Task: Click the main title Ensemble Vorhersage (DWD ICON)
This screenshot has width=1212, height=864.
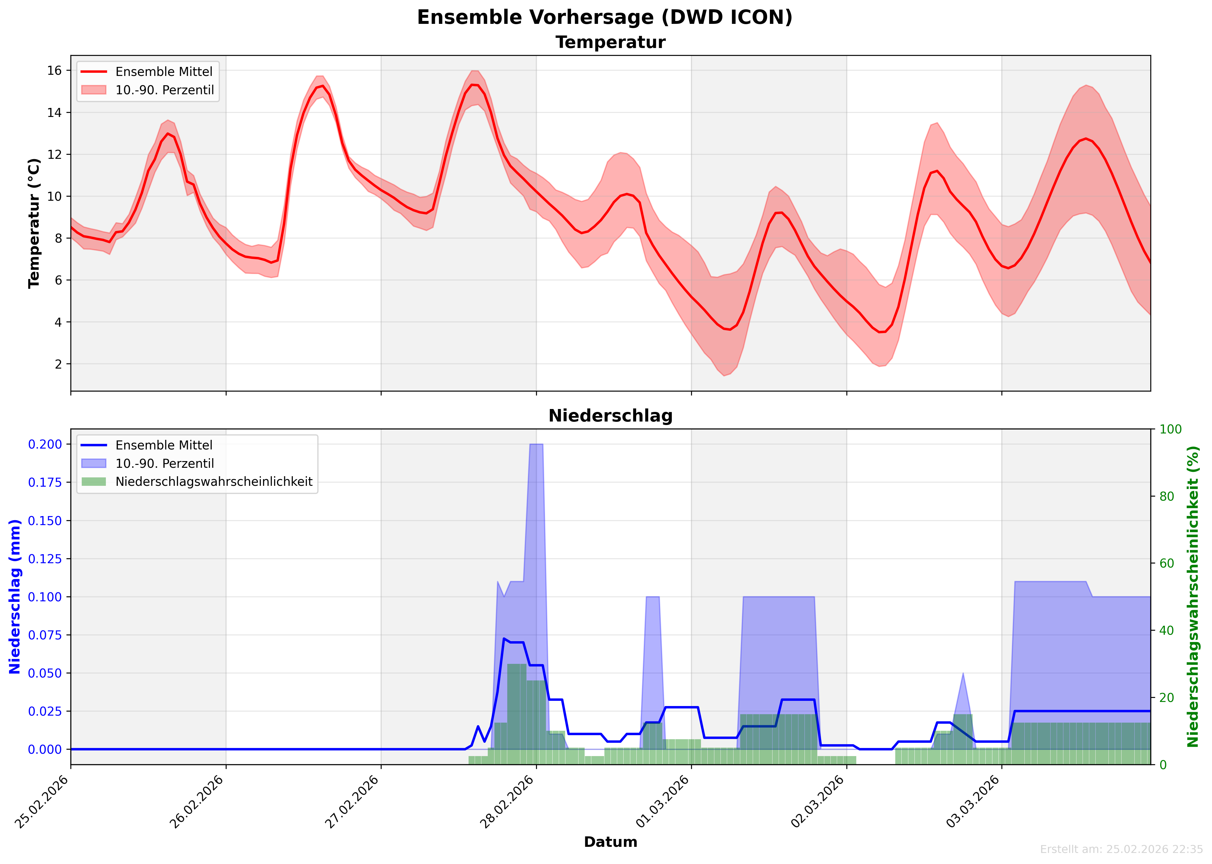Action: coord(605,17)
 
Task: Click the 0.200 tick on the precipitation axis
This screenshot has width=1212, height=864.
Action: coord(45,444)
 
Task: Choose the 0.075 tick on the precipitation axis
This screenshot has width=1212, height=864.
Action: coord(45,635)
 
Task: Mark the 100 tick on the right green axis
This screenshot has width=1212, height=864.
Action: coord(1170,429)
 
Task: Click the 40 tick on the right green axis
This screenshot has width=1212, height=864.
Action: coord(1167,630)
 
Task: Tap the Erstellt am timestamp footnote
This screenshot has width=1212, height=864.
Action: coord(1121,849)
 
